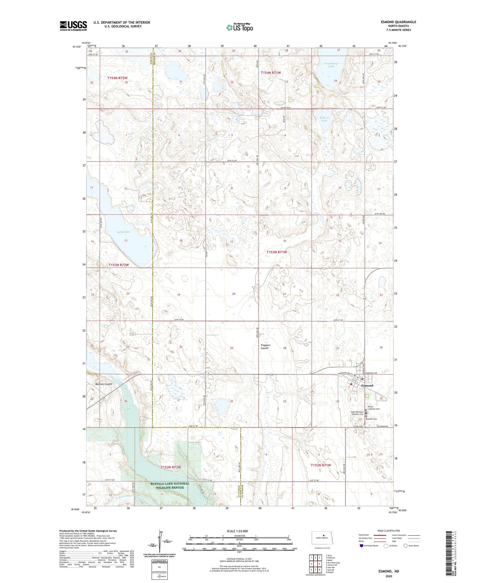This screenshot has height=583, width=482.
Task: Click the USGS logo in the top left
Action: tap(73, 26)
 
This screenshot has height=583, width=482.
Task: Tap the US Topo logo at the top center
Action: tap(239, 28)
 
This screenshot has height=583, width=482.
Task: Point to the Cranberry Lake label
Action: tap(331, 65)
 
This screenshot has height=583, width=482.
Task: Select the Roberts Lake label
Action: tap(324, 119)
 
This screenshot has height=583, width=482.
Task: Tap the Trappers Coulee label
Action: tap(265, 347)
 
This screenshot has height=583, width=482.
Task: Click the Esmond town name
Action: tap(367, 385)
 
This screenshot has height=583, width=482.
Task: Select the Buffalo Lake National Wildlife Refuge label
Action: tap(170, 485)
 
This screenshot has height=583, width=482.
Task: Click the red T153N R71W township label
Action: tap(277, 252)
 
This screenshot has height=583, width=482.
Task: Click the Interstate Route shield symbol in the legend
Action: tap(362, 546)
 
